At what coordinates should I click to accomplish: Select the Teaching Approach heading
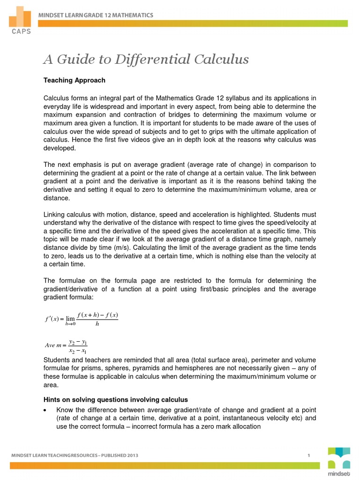pos(74,80)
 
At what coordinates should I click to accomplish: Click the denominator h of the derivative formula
pos(97,324)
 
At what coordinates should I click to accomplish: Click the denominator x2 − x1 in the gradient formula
pos(77,351)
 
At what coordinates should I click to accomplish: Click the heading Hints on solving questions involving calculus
pos(115,399)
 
